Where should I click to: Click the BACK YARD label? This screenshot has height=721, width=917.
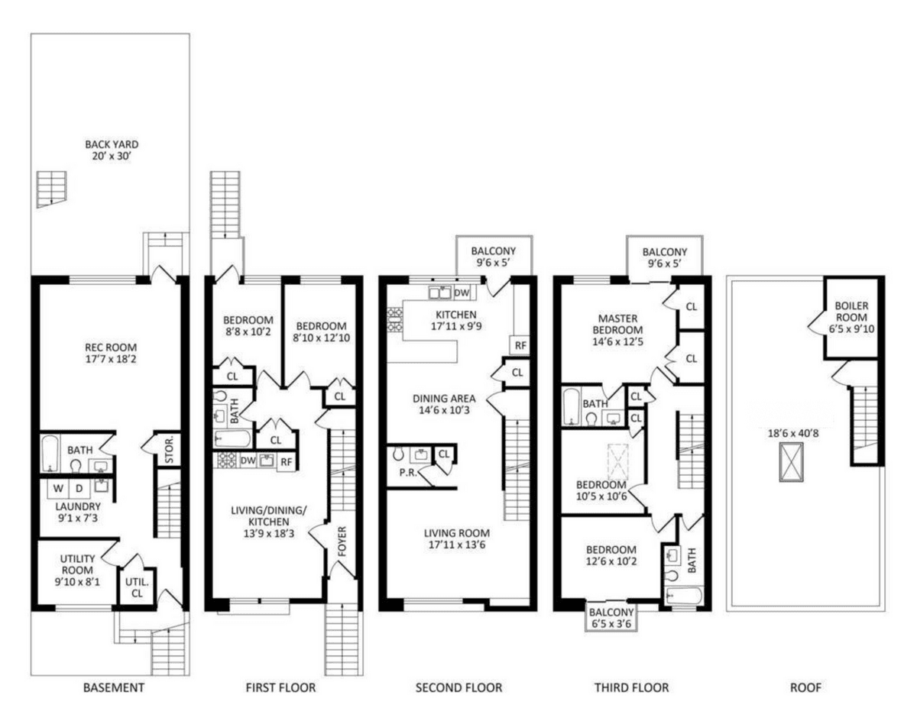click(112, 144)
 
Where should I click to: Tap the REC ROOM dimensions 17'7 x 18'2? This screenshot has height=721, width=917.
click(111, 359)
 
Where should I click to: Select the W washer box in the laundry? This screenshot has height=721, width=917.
click(58, 488)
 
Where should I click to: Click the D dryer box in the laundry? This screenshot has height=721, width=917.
click(79, 488)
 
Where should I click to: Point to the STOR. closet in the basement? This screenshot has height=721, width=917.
click(169, 450)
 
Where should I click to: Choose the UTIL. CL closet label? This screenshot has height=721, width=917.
click(138, 587)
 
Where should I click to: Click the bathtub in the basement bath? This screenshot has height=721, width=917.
click(50, 453)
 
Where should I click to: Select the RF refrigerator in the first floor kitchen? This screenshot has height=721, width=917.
click(287, 461)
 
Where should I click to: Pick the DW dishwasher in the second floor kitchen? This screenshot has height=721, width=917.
click(462, 293)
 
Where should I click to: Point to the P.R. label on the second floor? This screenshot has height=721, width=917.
click(408, 472)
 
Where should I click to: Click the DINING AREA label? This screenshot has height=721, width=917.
click(444, 399)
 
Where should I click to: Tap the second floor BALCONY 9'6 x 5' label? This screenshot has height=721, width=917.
click(494, 257)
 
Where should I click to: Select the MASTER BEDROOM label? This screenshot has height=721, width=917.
click(618, 324)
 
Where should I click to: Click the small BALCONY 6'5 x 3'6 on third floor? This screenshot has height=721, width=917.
click(611, 618)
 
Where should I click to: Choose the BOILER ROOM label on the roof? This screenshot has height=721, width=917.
click(851, 312)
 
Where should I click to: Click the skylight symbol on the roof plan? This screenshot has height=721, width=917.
click(792, 462)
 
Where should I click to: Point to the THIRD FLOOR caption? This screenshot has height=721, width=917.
click(632, 687)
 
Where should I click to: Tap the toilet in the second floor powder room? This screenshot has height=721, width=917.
click(398, 454)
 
